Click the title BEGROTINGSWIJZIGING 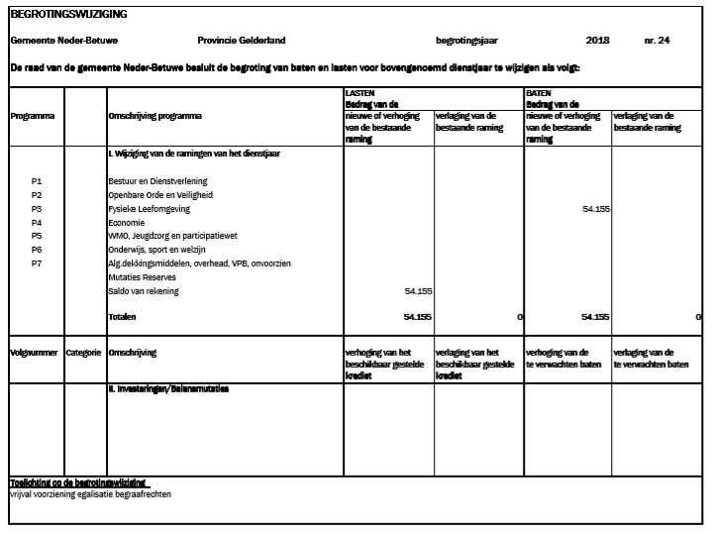pos(68,14)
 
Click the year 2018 pos(597,41)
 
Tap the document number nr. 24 pos(657,41)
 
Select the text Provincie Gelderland pos(242,41)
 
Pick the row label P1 pos(37,181)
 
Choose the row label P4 pos(37,223)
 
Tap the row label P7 pos(37,264)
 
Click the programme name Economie pos(126,223)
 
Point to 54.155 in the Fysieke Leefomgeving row pos(596,209)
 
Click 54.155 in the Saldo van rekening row pos(417,291)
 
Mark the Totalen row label pos(122,317)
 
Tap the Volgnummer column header pos(33,352)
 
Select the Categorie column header pos(84,352)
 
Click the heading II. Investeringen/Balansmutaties pos(168,389)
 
